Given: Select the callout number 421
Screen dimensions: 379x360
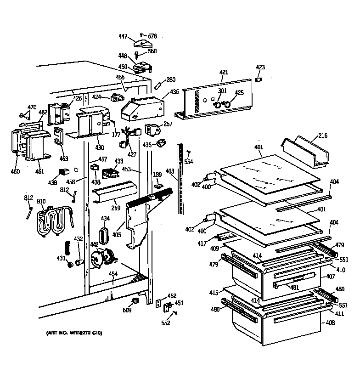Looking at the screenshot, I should pos(224,72).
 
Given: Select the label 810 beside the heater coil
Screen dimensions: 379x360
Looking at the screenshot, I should pos(41,202).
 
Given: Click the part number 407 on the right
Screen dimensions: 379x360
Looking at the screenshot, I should pos(330,277).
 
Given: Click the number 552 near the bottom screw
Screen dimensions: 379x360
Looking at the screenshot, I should pos(166,322).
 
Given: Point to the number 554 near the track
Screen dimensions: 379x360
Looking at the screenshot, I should pos(189,162).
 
